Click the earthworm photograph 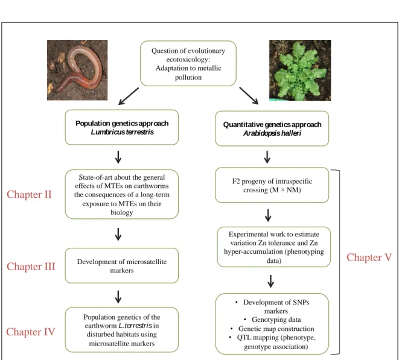pos(77,70)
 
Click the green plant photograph pos(300,70)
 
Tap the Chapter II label pos(29,195)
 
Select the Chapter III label pos(31,267)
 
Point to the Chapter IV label pos(31,332)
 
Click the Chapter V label pos(369,257)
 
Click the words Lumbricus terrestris pos(123,132)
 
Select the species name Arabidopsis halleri pos(272,133)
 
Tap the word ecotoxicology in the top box pos(187,60)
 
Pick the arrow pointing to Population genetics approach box pos(129,96)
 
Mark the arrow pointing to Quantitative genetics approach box pos(249,96)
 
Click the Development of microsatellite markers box pos(122,265)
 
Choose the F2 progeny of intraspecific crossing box pos(272,185)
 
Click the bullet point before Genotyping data pos(245,320)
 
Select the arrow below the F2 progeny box pos(268,215)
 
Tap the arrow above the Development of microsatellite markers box pos(118,234)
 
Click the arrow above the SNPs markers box pos(271,281)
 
